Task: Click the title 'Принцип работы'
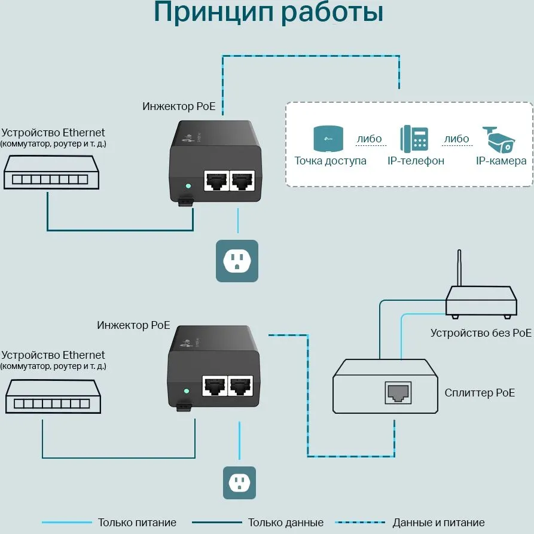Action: coord(268,13)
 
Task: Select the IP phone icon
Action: coord(414,139)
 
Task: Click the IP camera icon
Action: coord(499,138)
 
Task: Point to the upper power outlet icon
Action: coord(237,261)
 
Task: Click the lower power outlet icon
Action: coord(239,482)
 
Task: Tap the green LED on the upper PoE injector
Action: coord(188,186)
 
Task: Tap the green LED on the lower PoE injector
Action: coord(186,391)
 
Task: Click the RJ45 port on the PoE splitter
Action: coord(398,392)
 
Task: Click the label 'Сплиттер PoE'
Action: coord(480,393)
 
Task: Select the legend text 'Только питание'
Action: coord(137,523)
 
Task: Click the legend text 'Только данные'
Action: coord(286,523)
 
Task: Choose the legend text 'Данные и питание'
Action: coord(438,523)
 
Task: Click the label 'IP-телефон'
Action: coord(416,161)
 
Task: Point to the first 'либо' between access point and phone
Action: coord(369,139)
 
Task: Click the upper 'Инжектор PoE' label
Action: coord(179,106)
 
